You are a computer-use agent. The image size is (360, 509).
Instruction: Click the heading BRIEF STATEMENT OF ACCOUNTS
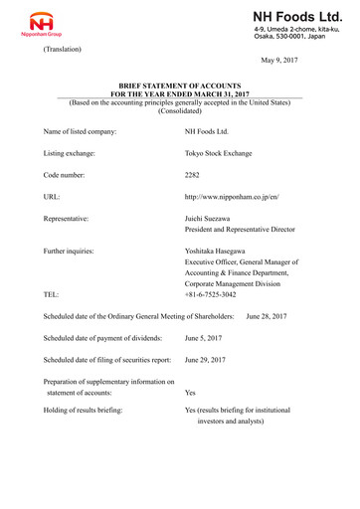180,88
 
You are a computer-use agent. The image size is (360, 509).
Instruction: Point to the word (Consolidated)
180,112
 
